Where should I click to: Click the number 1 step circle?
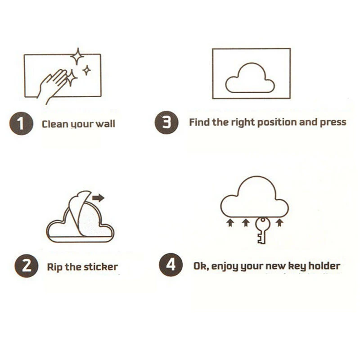21,123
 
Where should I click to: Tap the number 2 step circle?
27,266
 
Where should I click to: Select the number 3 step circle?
166,122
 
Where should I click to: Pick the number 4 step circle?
171,265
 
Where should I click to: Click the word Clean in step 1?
55,124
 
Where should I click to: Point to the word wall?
105,124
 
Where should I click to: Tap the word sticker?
100,267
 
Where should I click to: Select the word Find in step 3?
199,122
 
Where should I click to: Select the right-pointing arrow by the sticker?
98,198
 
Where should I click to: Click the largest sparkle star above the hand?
77,57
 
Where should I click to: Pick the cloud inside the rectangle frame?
250,78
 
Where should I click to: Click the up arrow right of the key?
279,222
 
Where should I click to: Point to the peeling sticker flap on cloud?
81,211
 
